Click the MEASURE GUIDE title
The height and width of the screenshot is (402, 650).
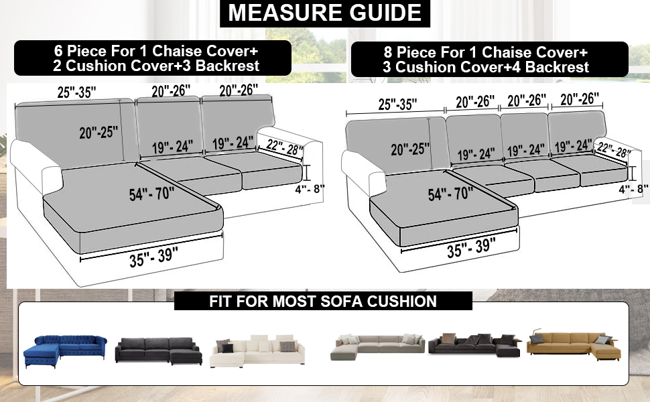pyautogui.click(x=324, y=13)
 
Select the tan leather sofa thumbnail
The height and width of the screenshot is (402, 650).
pyautogui.click(x=573, y=344)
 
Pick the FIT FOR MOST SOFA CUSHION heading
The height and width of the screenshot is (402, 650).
pyautogui.click(x=323, y=301)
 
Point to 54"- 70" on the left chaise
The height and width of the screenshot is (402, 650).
pyautogui.click(x=151, y=195)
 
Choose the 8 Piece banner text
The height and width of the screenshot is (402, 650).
pyautogui.click(x=486, y=59)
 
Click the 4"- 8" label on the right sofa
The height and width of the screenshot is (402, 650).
pyautogui.click(x=633, y=189)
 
